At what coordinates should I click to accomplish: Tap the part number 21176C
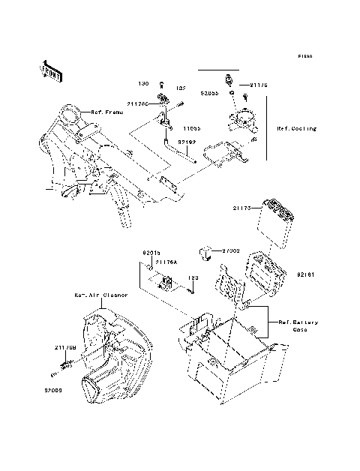(139, 104)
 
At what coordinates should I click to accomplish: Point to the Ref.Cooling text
(296, 129)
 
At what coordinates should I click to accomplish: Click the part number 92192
(187, 140)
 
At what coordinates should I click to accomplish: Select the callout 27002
(231, 252)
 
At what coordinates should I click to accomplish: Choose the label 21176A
(166, 262)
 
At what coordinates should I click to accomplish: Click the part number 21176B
(64, 347)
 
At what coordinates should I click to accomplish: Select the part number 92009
(52, 390)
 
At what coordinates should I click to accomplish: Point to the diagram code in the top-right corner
(303, 56)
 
